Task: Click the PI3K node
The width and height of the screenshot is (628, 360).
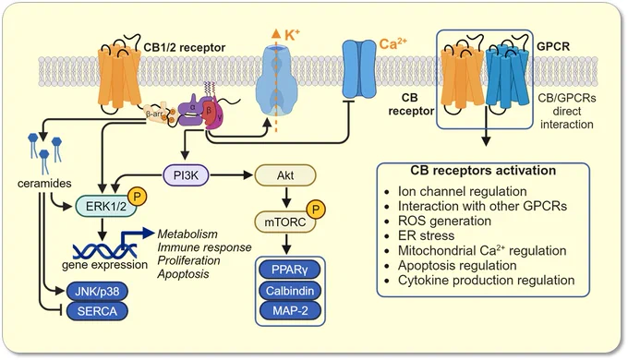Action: [186, 175]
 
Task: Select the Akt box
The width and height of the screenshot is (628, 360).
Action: [285, 175]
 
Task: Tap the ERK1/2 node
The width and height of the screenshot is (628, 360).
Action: [106, 206]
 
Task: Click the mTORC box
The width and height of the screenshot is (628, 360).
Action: [285, 222]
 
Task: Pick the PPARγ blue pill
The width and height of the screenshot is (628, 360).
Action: [290, 270]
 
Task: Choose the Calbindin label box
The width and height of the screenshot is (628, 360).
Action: [290, 291]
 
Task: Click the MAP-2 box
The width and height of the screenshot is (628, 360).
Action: [290, 310]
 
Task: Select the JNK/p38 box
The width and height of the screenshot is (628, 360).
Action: [97, 291]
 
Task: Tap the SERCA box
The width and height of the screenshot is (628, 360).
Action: [97, 311]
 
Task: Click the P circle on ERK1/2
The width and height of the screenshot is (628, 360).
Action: [137, 197]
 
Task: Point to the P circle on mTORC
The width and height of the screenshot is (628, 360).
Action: [316, 210]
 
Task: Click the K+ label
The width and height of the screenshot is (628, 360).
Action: [292, 35]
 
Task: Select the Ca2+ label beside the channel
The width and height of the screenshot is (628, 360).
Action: [392, 43]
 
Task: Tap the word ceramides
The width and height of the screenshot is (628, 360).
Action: [44, 184]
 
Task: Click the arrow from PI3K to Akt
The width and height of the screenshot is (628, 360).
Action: [232, 175]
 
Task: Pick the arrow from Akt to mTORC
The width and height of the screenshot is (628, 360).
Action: [285, 198]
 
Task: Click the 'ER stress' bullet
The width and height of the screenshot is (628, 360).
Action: [426, 235]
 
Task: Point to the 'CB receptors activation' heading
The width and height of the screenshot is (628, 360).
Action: [483, 170]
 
